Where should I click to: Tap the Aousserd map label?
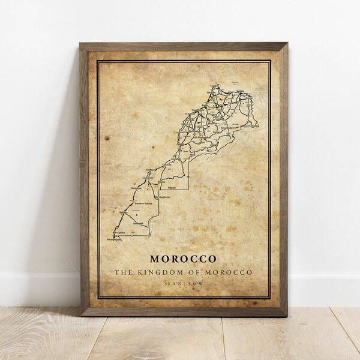(x=139, y=223)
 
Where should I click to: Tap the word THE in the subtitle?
(x=122, y=273)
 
